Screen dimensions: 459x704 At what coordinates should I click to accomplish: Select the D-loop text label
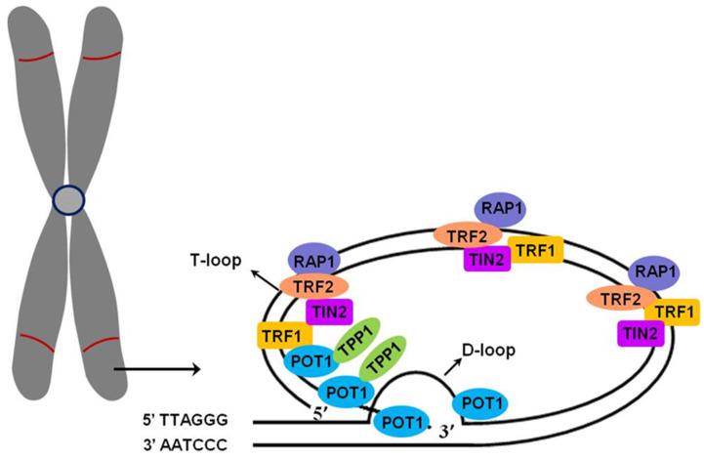[x=489, y=347]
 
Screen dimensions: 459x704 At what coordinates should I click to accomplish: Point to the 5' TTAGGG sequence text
[x=195, y=421]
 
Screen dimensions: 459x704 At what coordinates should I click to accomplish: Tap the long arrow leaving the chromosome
[x=156, y=369]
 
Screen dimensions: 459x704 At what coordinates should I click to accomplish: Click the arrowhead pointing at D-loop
[x=452, y=359]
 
